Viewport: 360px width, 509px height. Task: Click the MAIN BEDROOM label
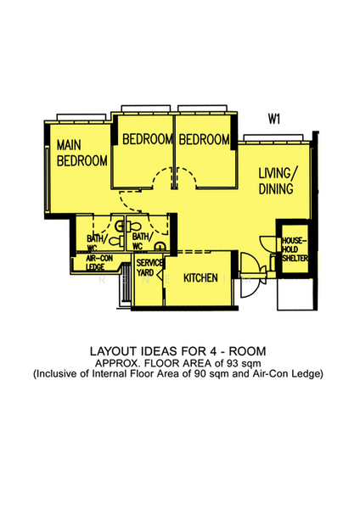[82, 153]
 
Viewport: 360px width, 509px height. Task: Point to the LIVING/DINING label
[276, 181]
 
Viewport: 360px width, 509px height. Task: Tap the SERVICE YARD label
[146, 268]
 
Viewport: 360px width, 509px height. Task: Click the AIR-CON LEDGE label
[100, 262]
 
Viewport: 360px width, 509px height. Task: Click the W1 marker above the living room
[274, 120]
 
